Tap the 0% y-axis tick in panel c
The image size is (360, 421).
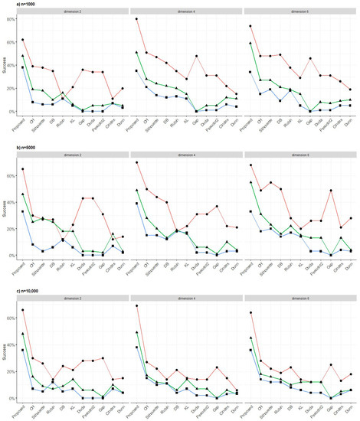(x=14, y=398)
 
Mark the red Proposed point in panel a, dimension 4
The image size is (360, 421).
(x=136, y=19)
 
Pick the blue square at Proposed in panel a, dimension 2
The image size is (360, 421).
(x=23, y=67)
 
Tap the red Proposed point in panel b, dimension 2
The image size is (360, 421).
(x=23, y=169)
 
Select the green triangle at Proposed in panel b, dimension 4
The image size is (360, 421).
(x=136, y=190)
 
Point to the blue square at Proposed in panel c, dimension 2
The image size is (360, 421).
(x=23, y=350)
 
